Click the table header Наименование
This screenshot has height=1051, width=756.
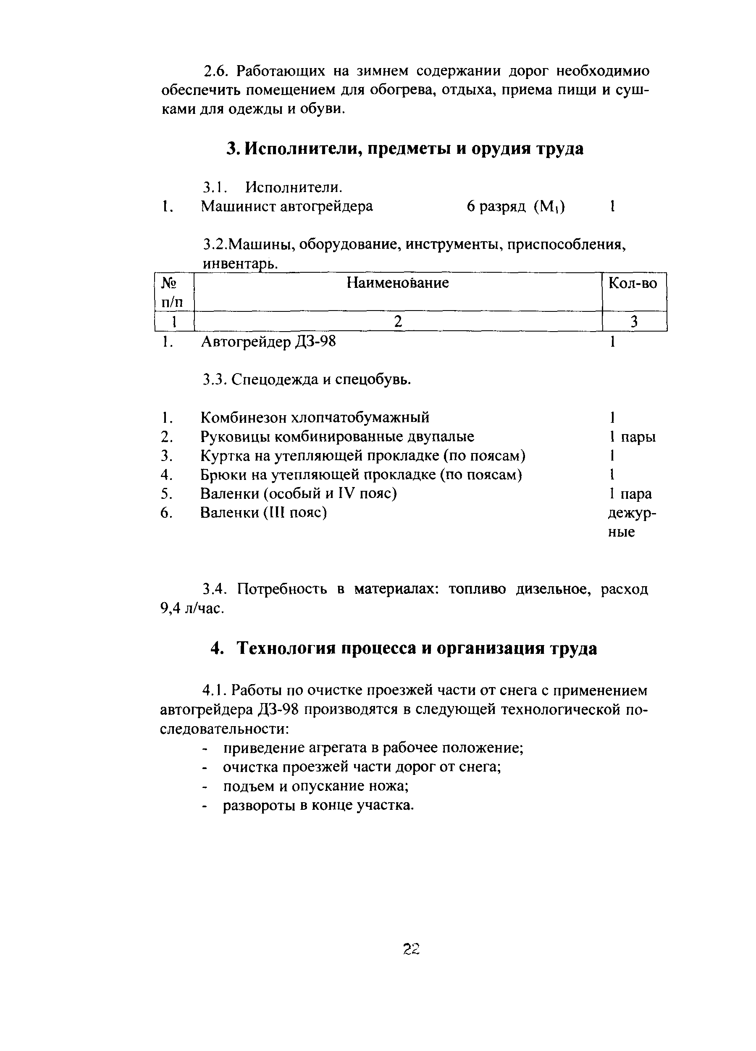[x=397, y=283]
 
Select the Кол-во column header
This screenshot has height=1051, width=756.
[x=633, y=283]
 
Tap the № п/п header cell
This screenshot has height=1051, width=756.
[x=172, y=292]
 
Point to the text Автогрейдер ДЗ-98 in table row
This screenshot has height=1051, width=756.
[x=268, y=342]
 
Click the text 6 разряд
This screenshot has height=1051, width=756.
[x=496, y=206]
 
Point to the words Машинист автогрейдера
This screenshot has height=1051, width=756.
[x=286, y=206]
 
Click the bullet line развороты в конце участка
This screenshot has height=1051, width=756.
[x=318, y=806]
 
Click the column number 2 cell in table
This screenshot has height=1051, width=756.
[x=397, y=321]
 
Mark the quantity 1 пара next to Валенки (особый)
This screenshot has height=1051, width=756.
[x=630, y=494]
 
